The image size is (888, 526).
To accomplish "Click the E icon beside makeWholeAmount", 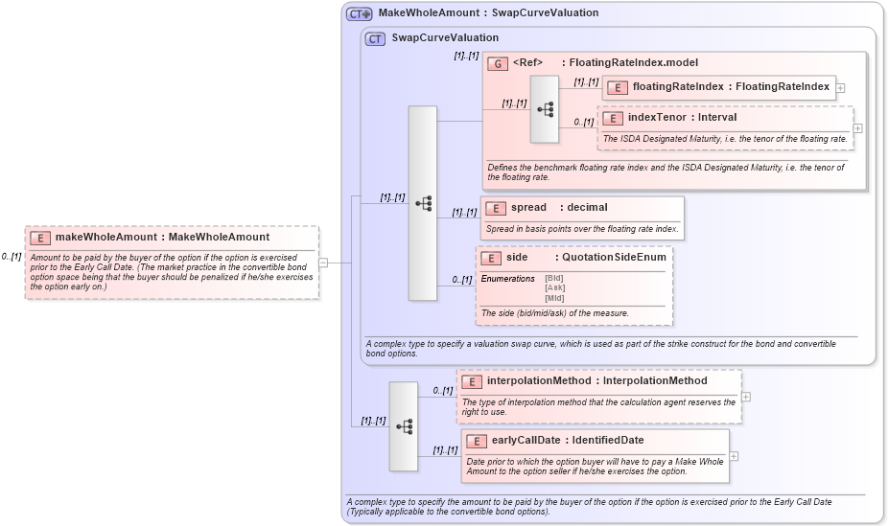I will (x=40, y=238).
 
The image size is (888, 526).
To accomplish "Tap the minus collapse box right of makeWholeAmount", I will (x=323, y=262).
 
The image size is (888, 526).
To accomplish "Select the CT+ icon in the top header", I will (x=360, y=13).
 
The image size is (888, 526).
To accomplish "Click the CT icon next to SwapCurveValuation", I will (x=375, y=38).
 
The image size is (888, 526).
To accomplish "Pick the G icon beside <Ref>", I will (x=497, y=63).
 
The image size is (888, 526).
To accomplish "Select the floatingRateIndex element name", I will (x=677, y=87).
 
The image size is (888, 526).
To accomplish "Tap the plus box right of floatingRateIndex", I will (x=840, y=87).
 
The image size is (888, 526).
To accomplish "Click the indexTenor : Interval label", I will (x=682, y=118).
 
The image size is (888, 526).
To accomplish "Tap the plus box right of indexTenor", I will (x=857, y=127).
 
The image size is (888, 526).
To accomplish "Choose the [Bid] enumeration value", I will (x=553, y=278).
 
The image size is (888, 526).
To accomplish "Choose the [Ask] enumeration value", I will (x=553, y=287).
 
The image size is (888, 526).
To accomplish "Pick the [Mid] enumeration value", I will (x=553, y=297).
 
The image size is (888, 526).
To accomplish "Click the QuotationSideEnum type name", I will (x=614, y=258).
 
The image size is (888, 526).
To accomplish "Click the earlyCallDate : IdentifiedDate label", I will (x=567, y=441).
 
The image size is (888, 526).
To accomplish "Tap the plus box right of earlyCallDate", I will (x=734, y=455).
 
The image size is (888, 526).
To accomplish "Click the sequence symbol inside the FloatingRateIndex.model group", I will (x=545, y=109).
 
